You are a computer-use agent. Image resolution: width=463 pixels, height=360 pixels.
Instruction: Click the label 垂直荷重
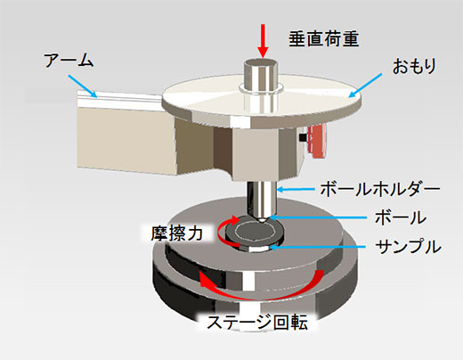point(324,39)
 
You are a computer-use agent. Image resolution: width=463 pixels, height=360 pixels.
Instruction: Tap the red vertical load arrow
point(263,41)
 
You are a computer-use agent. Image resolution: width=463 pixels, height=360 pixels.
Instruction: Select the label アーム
point(69,61)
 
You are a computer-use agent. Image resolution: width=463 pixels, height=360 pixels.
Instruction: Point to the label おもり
point(414,66)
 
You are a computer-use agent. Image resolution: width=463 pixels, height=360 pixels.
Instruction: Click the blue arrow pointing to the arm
point(83,86)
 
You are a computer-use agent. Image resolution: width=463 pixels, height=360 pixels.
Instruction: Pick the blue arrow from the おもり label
point(365,86)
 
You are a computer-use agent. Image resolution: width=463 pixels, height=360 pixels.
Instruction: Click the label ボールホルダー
point(380,189)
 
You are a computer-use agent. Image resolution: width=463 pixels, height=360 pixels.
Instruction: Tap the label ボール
point(401,217)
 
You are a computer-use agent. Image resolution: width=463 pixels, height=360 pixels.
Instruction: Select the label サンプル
point(408,247)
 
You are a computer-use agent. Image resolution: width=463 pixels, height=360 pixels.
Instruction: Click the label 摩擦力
point(177,233)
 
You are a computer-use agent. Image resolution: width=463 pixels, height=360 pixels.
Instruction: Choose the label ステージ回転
point(257,323)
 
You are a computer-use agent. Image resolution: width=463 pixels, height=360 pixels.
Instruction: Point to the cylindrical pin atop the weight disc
point(261,76)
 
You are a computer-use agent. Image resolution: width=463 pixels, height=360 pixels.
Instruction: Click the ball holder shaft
point(262,199)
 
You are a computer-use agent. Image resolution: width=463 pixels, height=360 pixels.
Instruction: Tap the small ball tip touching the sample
point(263,221)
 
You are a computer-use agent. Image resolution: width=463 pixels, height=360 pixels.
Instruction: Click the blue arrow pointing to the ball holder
point(296,189)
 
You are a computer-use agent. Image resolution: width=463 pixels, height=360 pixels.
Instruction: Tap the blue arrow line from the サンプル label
point(318,247)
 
